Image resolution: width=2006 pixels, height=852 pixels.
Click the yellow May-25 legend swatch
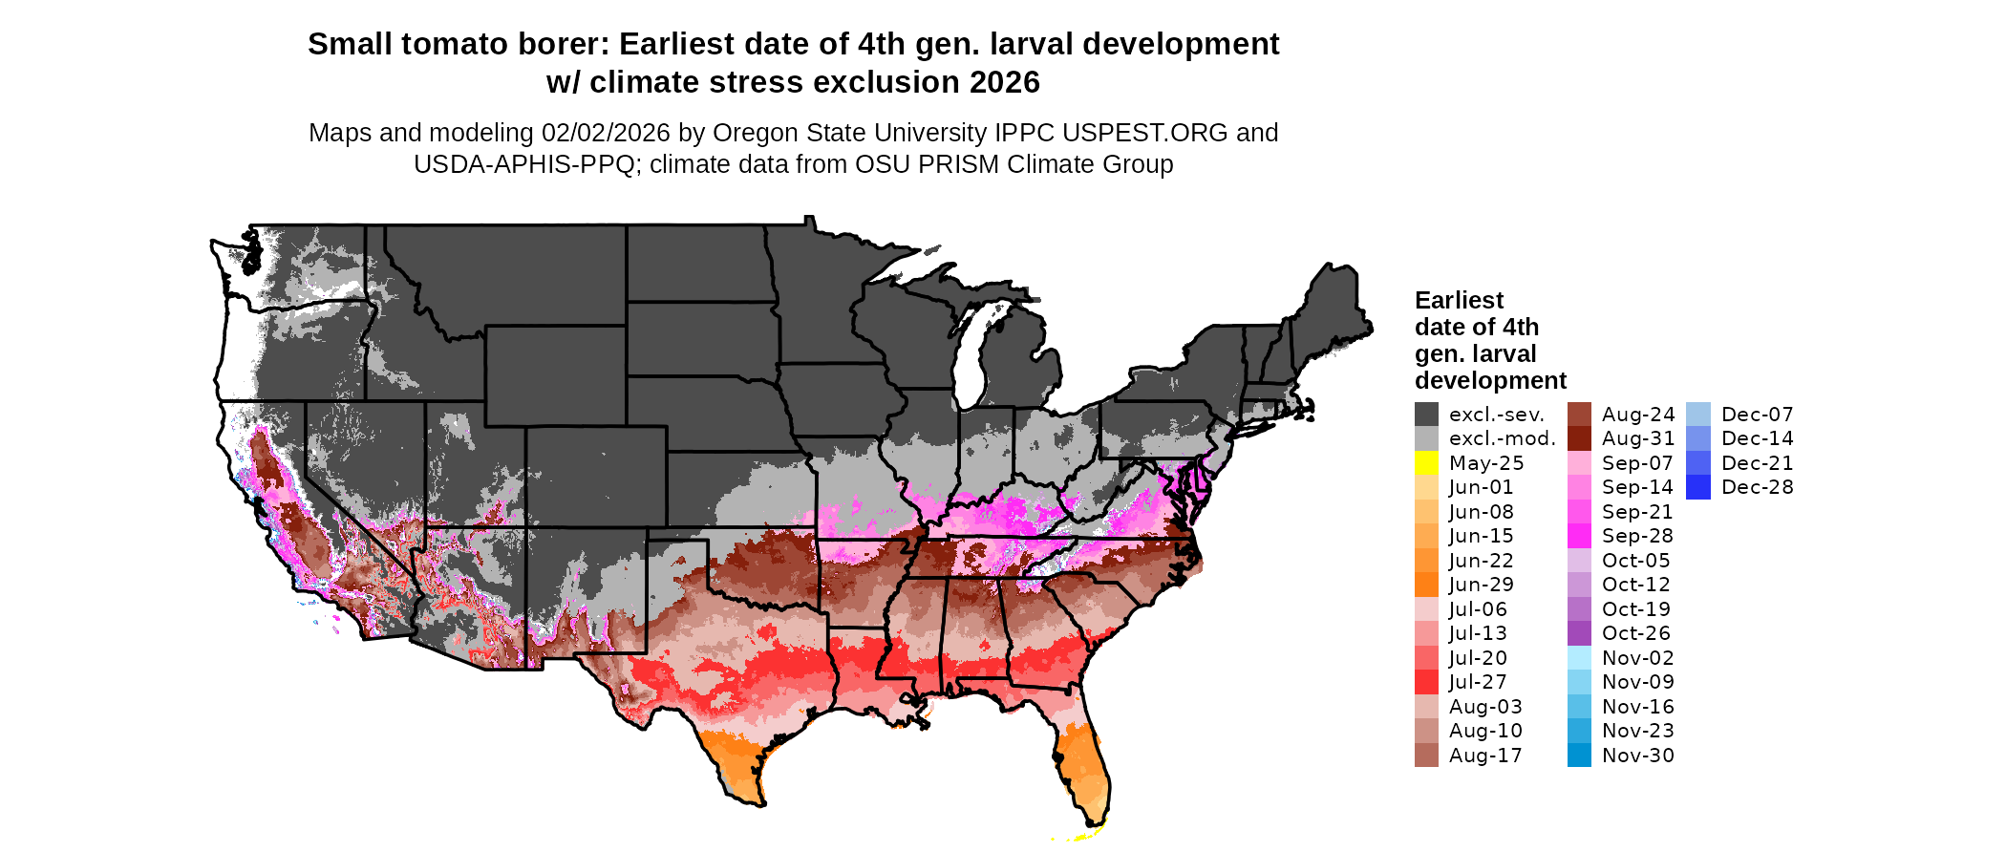(1426, 463)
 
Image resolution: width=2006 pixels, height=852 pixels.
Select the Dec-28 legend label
(1757, 487)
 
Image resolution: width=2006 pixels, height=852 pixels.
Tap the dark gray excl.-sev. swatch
(1426, 415)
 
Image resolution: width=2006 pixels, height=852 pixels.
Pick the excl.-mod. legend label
(1502, 438)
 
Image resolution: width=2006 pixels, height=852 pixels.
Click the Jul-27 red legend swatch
(1426, 682)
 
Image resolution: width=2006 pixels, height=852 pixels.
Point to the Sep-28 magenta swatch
(1579, 536)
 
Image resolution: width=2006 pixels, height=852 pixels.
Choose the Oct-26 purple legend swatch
(1579, 633)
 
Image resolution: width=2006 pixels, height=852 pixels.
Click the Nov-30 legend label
(1637, 756)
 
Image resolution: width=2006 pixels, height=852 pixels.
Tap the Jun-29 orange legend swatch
(1426, 585)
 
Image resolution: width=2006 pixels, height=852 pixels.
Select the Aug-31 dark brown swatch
(1579, 438)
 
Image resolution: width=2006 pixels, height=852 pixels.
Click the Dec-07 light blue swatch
(1698, 415)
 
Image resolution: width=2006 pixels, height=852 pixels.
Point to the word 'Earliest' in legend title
(1459, 301)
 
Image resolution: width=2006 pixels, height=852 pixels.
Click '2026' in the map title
(1004, 83)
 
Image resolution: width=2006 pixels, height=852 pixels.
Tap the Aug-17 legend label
(1485, 756)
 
